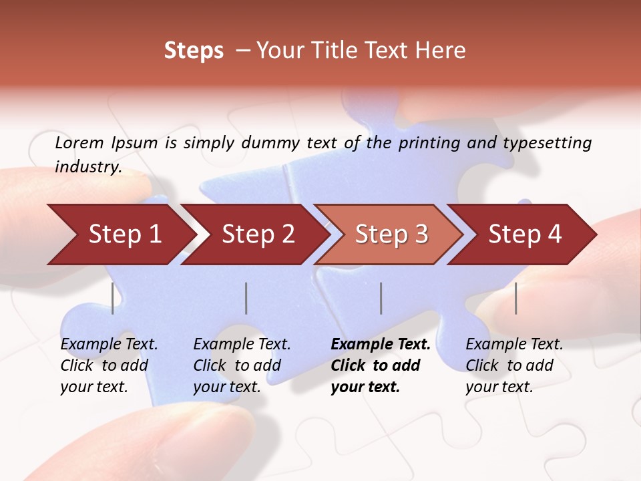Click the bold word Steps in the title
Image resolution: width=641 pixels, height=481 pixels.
pyautogui.click(x=194, y=51)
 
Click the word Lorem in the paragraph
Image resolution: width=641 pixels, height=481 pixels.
pyautogui.click(x=79, y=143)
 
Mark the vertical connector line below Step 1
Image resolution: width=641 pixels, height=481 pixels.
pyautogui.click(x=113, y=298)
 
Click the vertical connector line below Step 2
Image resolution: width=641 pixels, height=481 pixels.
pyautogui.click(x=246, y=298)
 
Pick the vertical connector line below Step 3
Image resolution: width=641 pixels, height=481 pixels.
pyautogui.click(x=381, y=298)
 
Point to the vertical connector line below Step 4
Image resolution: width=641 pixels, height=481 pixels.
pyautogui.click(x=516, y=298)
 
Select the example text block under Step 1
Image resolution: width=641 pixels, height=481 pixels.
pyautogui.click(x=109, y=365)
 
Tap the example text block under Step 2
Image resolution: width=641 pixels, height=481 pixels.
pyautogui.click(x=242, y=365)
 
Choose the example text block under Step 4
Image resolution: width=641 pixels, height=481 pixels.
pyautogui.click(x=514, y=365)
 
